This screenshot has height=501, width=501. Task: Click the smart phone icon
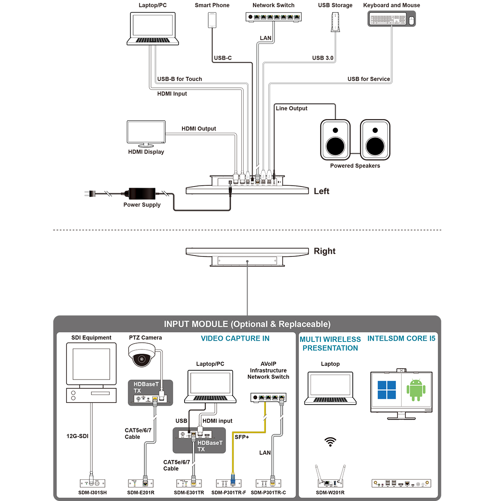pos(212,20)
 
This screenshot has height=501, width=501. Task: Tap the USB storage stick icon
pos(335,22)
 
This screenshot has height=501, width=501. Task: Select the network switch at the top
pos(273,17)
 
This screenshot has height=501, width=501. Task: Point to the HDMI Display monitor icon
pos(146,132)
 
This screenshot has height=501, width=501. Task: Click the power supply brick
pos(142,194)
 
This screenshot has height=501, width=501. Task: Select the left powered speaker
pos(335,140)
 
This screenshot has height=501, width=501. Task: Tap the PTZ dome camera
pos(142,355)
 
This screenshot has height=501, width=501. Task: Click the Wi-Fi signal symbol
pos(330,442)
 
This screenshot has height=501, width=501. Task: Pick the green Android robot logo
pos(416,390)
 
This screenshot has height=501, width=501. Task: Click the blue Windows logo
pos(387,390)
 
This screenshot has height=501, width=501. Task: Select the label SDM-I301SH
pos(92,493)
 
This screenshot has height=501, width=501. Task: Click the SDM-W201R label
pos(330,493)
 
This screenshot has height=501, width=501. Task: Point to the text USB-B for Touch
pos(180,79)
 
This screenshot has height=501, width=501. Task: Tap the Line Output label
pos(291,108)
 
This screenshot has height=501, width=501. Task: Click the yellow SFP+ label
pos(242,437)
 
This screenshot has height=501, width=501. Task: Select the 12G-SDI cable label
pos(77,436)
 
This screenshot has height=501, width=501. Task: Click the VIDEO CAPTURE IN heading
pos(235,339)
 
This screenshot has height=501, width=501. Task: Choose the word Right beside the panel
pos(324,251)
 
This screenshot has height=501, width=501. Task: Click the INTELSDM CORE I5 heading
pos(401,339)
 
